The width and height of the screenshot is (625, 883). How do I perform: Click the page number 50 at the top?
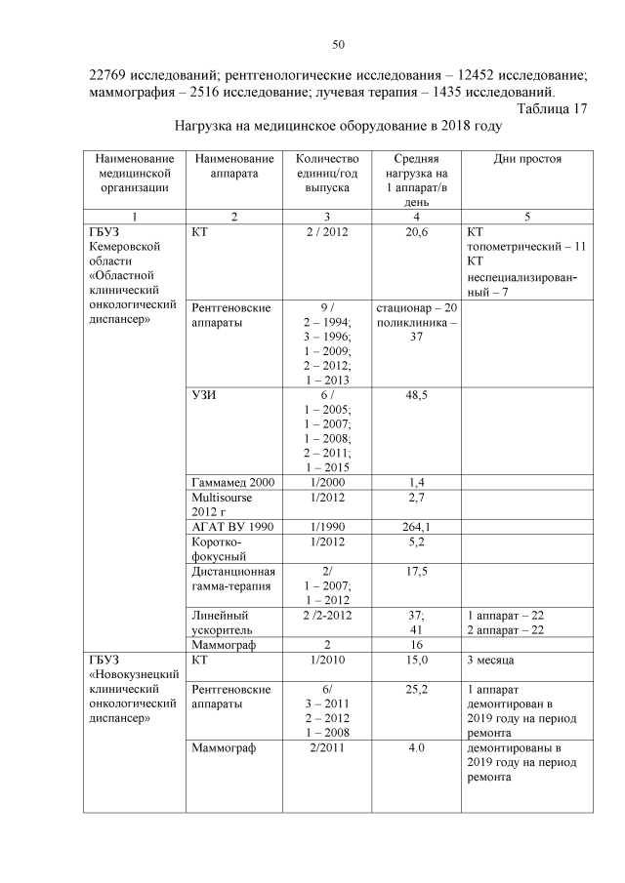(x=339, y=44)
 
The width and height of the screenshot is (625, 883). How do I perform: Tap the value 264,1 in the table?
(x=417, y=527)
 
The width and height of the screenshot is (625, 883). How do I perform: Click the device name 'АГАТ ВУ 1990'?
(x=232, y=527)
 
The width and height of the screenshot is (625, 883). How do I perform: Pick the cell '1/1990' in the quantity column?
(x=326, y=527)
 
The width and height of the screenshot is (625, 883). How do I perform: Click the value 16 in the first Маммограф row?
(x=417, y=645)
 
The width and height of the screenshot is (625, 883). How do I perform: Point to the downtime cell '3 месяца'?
(x=494, y=661)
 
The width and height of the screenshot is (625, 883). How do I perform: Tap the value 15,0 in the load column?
(x=417, y=661)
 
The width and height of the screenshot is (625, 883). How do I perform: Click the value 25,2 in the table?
(x=417, y=690)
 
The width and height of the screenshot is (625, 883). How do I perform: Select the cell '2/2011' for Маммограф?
(x=326, y=749)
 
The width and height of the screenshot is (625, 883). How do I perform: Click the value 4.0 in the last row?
(x=417, y=749)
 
